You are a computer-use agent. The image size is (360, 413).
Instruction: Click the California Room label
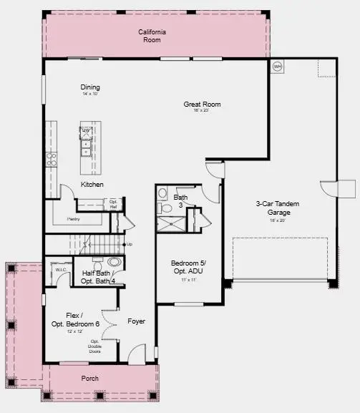(x=151, y=36)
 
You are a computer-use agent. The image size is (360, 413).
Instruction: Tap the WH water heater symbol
(x=277, y=67)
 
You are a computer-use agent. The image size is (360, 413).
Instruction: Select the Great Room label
(x=202, y=105)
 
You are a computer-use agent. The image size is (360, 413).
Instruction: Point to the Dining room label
(x=90, y=87)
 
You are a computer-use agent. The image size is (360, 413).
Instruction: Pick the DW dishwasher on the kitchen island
(x=86, y=131)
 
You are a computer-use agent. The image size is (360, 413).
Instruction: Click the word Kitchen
(x=92, y=185)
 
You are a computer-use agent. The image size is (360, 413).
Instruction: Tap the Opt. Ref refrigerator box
(x=113, y=204)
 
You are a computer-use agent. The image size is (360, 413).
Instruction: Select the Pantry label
(x=73, y=218)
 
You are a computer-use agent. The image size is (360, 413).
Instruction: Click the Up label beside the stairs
(x=130, y=245)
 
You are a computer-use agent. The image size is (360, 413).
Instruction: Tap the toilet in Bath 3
(x=165, y=208)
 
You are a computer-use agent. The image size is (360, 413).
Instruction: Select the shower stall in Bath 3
(x=171, y=222)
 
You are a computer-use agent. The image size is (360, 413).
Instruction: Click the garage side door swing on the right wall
(x=330, y=188)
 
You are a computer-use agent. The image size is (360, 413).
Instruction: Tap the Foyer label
(x=136, y=321)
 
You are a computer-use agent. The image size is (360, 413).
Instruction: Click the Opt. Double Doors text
(x=94, y=346)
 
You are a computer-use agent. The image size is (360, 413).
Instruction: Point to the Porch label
(x=90, y=378)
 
